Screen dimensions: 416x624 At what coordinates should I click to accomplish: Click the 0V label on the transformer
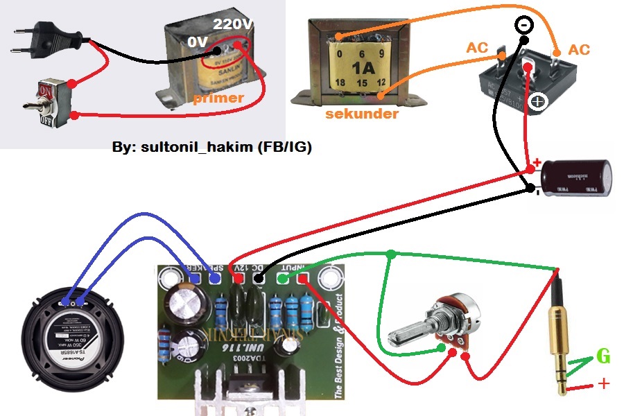point(198,42)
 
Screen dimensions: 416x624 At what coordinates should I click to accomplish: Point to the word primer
point(218,98)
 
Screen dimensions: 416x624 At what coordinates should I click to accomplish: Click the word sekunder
point(361,113)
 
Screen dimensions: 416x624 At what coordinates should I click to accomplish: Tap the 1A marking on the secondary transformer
point(362,69)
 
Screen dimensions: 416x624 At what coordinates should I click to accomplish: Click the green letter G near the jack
point(603,358)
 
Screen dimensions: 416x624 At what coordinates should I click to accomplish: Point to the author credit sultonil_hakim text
point(211,148)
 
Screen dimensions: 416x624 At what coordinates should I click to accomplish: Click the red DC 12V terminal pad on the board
point(239,279)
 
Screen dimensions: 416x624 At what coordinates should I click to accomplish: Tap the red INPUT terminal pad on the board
point(303,279)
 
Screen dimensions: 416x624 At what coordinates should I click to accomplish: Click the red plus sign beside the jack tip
point(604,383)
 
